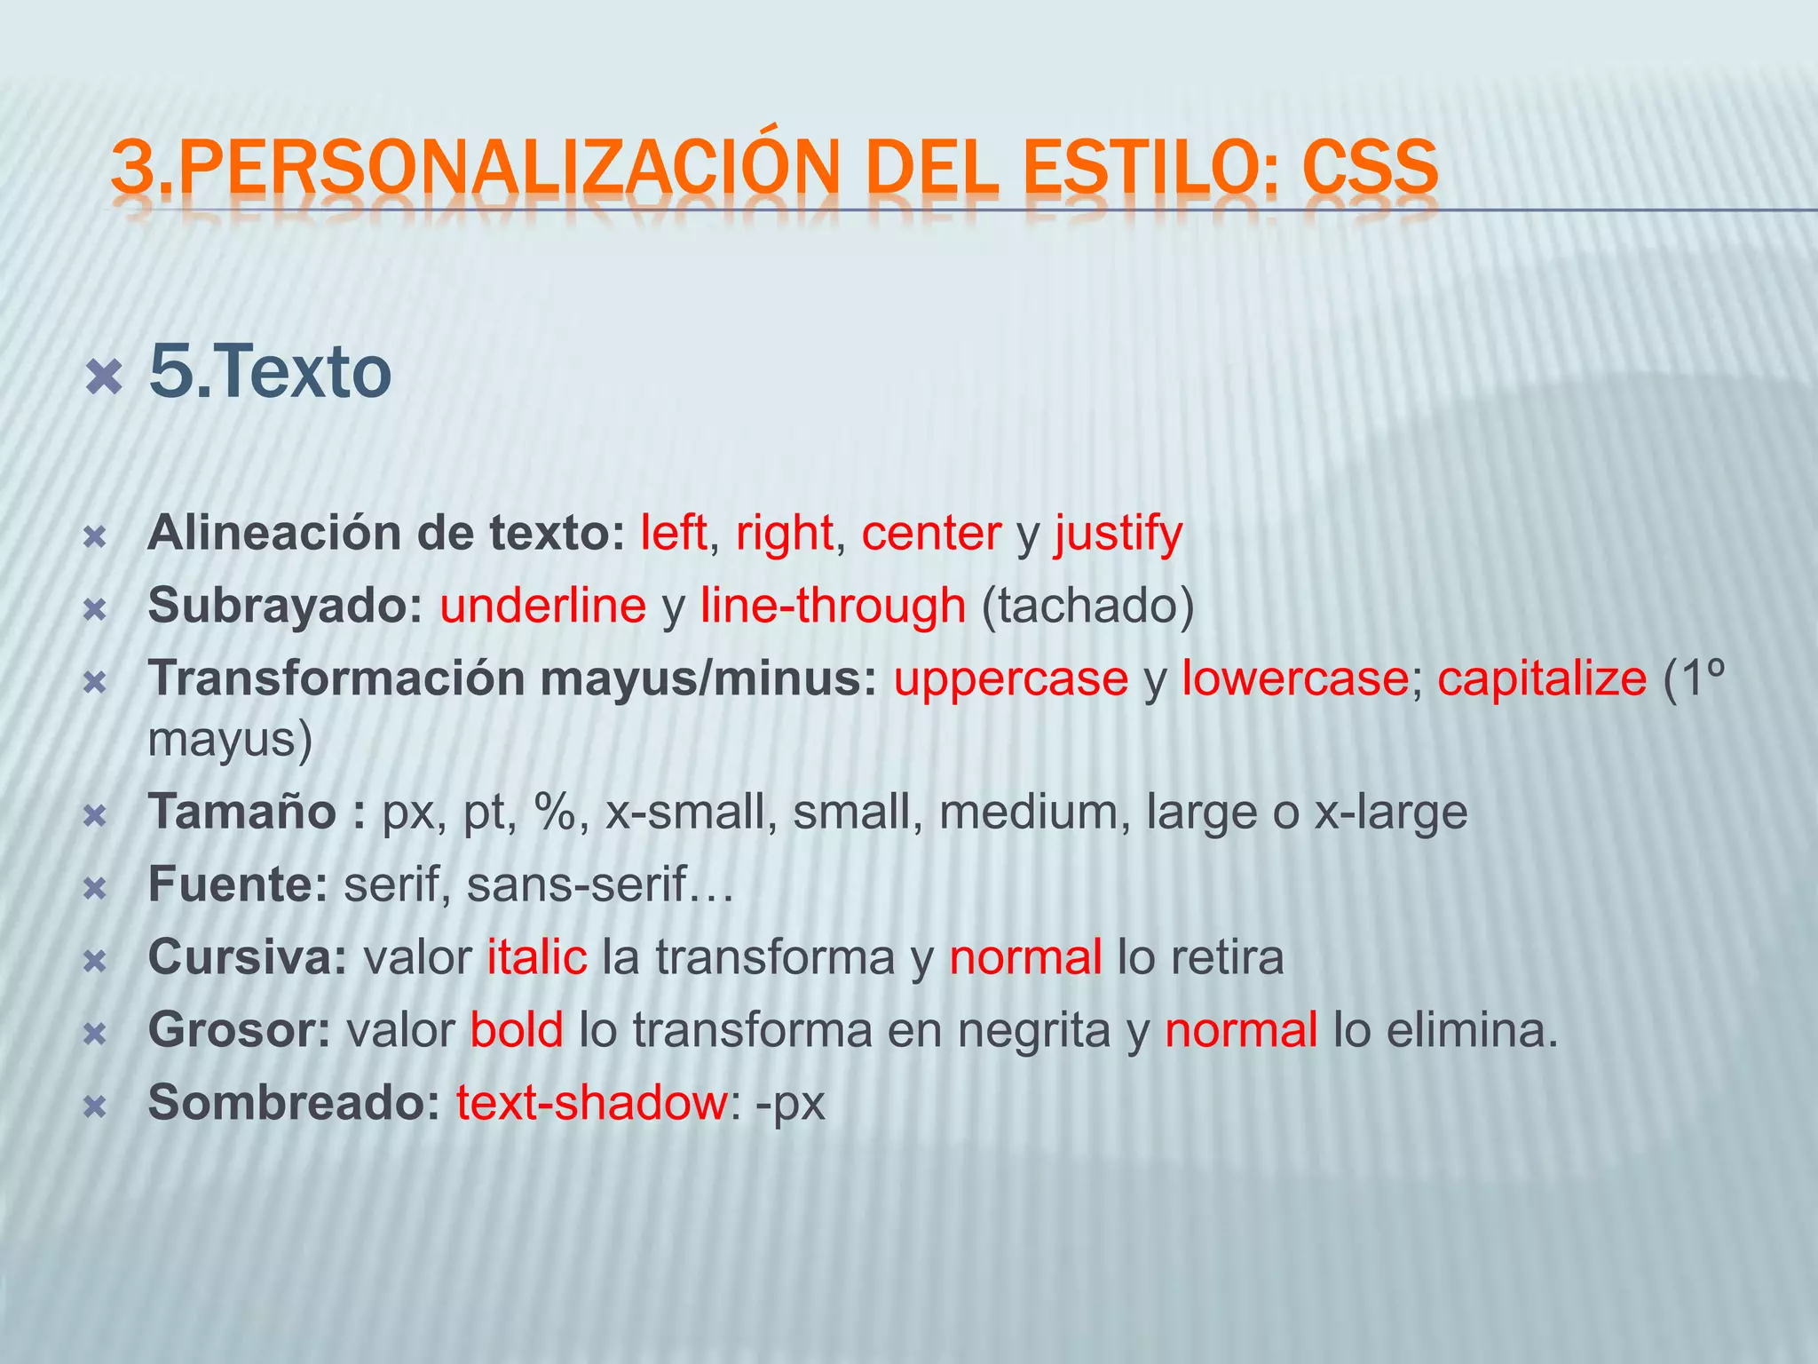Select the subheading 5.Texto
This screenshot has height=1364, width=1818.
pos(270,372)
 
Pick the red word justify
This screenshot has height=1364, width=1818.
pos(1118,534)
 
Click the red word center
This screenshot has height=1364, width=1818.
pos(931,534)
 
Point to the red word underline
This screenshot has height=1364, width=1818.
pos(542,607)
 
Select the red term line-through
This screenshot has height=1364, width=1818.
pos(833,607)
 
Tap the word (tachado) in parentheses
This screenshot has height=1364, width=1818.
pos(1087,607)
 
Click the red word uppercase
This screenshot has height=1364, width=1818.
pos(1010,679)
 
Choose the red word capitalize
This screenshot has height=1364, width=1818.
pos(1542,679)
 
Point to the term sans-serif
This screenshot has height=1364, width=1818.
pos(577,884)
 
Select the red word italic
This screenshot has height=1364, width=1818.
pos(537,957)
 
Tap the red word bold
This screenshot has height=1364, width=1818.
pos(517,1030)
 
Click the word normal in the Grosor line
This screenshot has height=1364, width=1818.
pos(1241,1030)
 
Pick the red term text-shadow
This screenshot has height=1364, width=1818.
pos(592,1103)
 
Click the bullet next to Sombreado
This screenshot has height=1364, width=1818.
pos(95,1106)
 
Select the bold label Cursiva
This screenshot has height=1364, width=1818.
pos(247,957)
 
